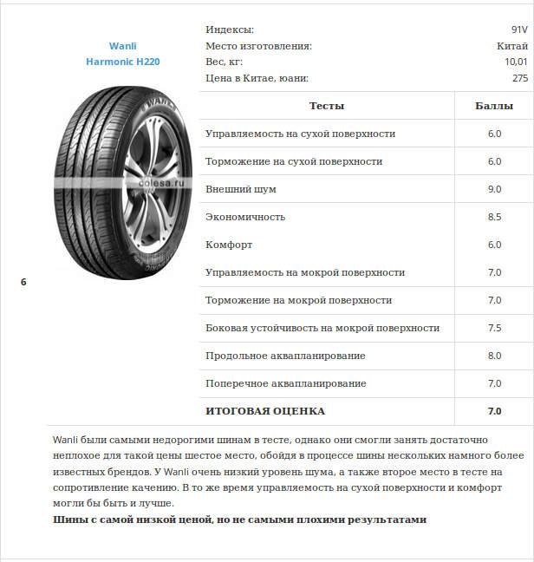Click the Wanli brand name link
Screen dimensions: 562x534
tap(123, 46)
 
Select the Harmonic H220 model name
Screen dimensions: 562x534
tap(123, 62)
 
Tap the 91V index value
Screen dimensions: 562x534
tap(519, 29)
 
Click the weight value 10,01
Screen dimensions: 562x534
tap(516, 62)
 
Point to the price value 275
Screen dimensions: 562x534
tap(519, 78)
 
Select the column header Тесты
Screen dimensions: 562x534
tap(327, 106)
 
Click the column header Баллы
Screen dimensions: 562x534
tap(494, 106)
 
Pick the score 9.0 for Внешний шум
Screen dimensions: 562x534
tap(494, 189)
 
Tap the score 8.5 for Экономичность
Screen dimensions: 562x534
tap(494, 217)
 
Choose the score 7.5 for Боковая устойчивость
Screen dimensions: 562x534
tap(494, 328)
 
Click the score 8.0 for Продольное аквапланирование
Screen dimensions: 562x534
tap(494, 356)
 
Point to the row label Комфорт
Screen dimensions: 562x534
tap(229, 245)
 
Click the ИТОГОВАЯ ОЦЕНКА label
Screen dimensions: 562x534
tap(265, 411)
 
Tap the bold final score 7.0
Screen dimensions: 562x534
tap(494, 411)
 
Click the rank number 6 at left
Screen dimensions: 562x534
tap(23, 282)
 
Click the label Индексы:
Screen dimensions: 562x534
tap(230, 29)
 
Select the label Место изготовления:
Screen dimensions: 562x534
tap(258, 46)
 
